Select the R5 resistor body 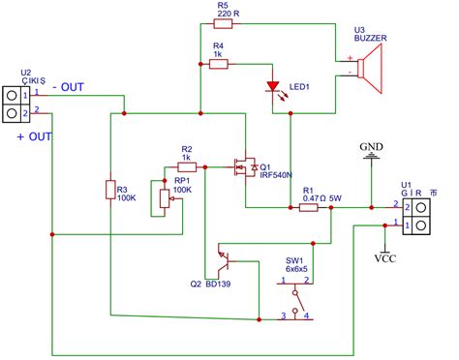223,29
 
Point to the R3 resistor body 109,191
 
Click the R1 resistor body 309,207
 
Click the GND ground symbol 371,162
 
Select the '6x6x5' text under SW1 296,269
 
